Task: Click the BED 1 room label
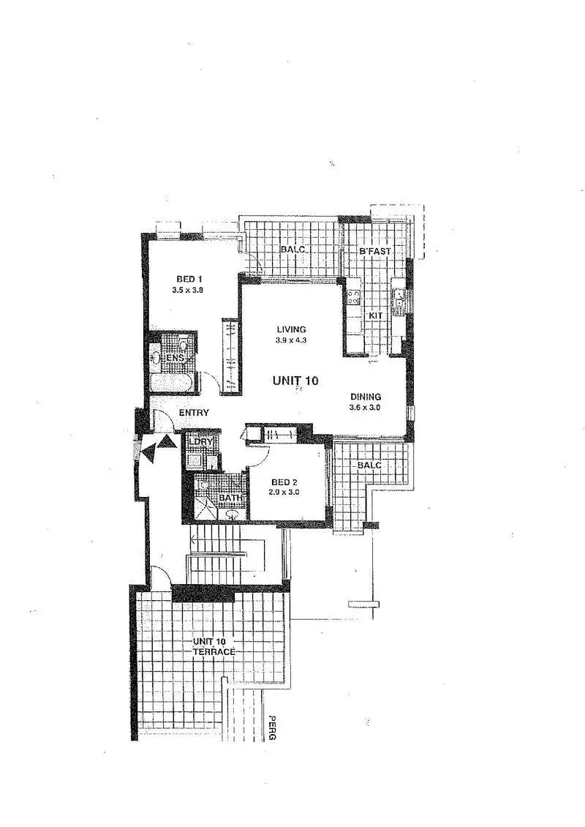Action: click(x=189, y=278)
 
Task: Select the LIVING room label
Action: click(x=291, y=329)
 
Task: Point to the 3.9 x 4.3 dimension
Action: click(x=291, y=340)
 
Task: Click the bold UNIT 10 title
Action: click(x=295, y=381)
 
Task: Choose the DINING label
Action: click(x=366, y=397)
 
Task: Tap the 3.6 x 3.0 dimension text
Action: click(x=366, y=408)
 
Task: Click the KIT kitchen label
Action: click(x=376, y=315)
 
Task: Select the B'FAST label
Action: click(x=375, y=251)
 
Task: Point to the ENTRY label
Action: click(x=194, y=413)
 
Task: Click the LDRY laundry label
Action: click(x=200, y=442)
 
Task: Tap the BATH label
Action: click(x=230, y=498)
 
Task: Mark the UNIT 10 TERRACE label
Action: click(x=214, y=647)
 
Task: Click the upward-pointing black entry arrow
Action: click(x=167, y=441)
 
